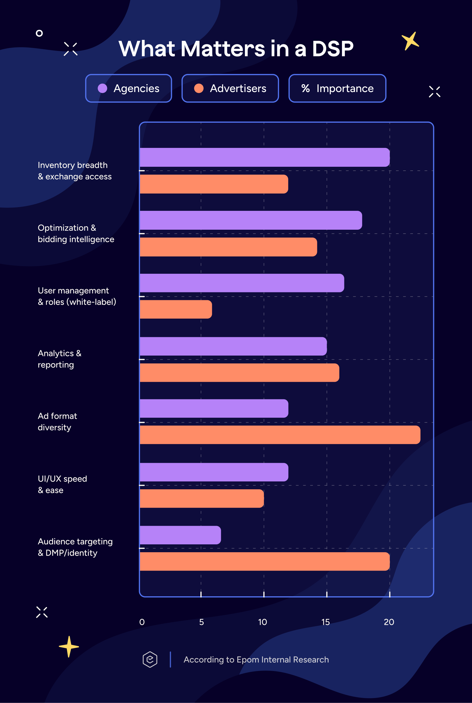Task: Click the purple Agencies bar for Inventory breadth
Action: click(265, 157)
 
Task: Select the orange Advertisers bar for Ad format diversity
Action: click(280, 435)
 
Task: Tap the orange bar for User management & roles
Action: click(176, 309)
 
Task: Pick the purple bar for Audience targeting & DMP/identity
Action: click(181, 535)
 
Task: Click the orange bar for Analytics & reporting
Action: click(240, 373)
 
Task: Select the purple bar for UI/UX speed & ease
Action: click(214, 472)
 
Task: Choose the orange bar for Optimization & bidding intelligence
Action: click(228, 247)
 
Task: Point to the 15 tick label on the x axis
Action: click(325, 622)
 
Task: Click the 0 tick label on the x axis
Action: click(142, 622)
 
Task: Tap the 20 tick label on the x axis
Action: click(389, 622)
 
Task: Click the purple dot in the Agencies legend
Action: click(103, 88)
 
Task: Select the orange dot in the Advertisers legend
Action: click(199, 88)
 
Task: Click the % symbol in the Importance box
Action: click(305, 88)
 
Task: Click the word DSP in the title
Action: click(332, 49)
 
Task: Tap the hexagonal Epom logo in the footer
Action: click(150, 660)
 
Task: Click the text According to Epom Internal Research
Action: click(256, 660)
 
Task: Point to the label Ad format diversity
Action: click(57, 422)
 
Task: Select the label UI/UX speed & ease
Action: click(62, 485)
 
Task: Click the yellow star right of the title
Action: click(410, 41)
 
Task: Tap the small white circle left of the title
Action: click(39, 33)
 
